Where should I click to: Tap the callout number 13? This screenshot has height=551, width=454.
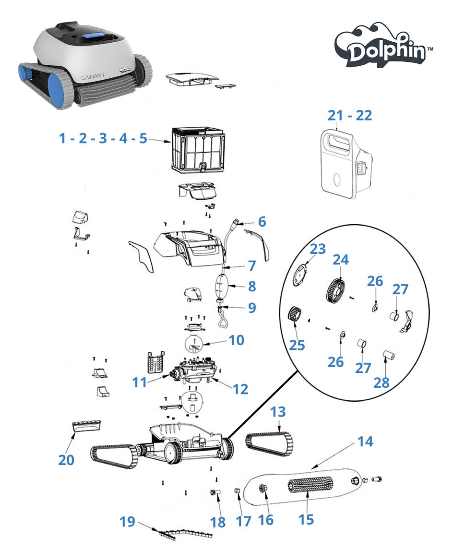click(x=278, y=412)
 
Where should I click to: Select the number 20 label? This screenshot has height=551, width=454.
click(x=66, y=460)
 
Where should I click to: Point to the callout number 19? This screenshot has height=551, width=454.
click(x=127, y=522)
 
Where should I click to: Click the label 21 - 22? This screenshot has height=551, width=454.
click(x=350, y=115)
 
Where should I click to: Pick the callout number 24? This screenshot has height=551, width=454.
click(x=341, y=260)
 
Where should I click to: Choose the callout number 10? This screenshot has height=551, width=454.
click(x=236, y=340)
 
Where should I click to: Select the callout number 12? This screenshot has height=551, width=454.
click(x=241, y=389)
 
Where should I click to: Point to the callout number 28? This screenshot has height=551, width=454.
click(x=382, y=383)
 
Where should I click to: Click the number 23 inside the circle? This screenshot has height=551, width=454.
click(x=318, y=249)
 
